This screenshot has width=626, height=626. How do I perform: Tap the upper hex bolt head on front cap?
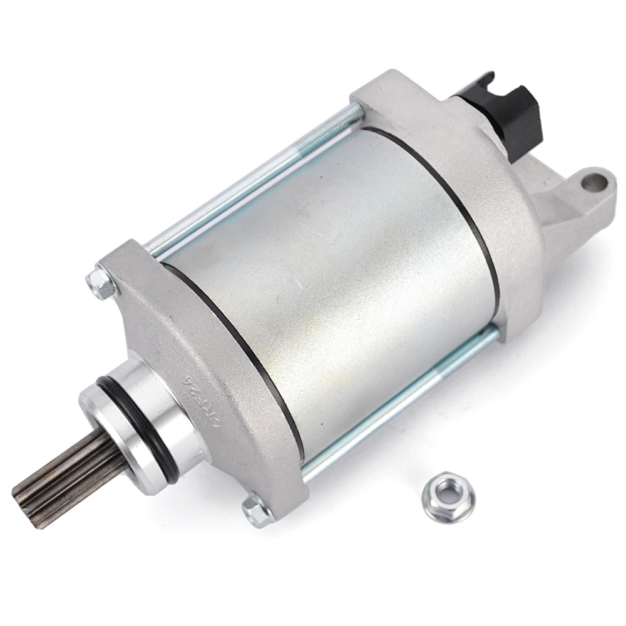point(102,284)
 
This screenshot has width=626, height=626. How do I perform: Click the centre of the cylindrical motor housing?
point(332,275)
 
